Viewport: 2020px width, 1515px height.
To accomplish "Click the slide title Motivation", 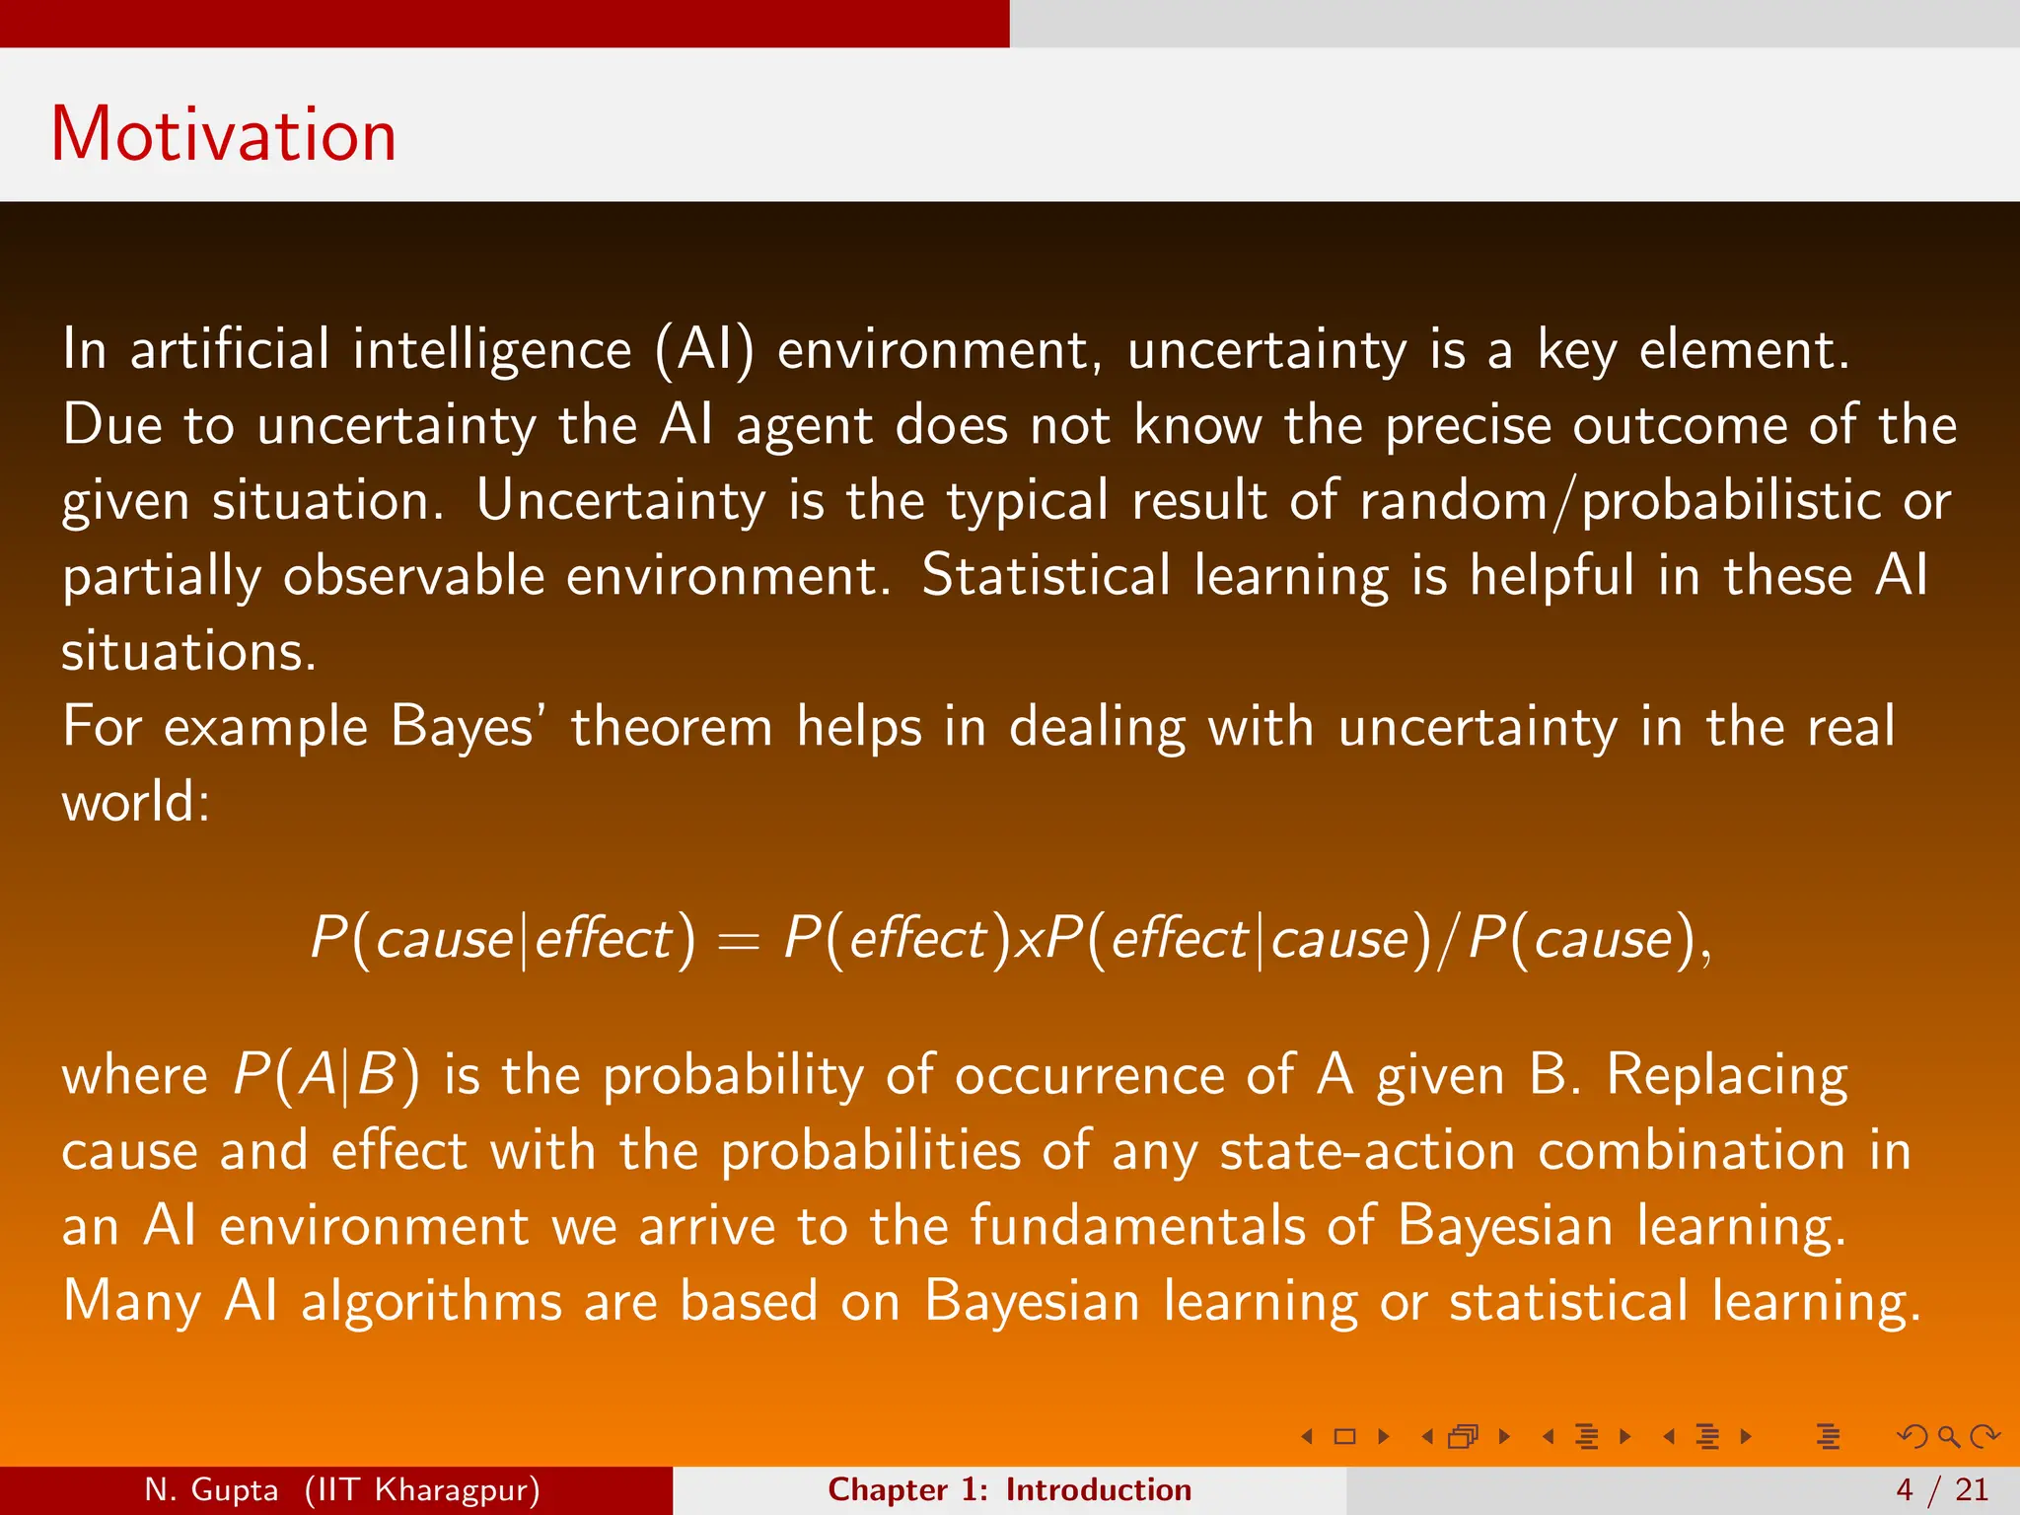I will coord(224,134).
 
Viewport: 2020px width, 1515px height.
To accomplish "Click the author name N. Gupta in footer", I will coord(211,1489).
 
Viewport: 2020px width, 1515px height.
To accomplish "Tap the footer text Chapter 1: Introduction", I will coord(1009,1489).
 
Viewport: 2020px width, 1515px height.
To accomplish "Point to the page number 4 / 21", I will coord(1942,1489).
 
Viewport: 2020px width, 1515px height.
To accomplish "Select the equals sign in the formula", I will coord(738,941).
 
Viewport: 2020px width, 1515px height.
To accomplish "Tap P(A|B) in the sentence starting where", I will coord(326,1075).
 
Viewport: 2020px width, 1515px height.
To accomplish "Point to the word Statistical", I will coord(1046,576).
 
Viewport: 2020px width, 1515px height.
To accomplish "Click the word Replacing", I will coord(1727,1075).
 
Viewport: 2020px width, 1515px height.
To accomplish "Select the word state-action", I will coord(1367,1151).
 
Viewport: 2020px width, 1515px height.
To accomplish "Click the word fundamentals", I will coord(1137,1226).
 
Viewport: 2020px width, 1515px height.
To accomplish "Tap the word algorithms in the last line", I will coord(432,1302).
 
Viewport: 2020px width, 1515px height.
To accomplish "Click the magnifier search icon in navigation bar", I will coord(1948,1436).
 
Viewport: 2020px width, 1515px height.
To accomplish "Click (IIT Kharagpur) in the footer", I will coord(422,1489).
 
